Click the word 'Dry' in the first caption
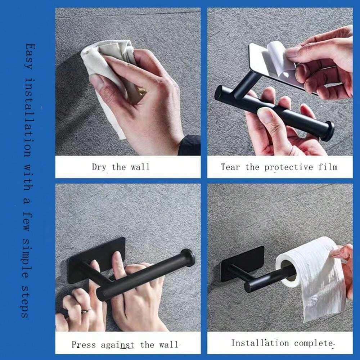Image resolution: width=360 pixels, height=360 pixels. pos(99,167)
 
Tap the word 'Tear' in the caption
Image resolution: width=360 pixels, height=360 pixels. pos(230,167)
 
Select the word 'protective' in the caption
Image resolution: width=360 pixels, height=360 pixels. pos(288,167)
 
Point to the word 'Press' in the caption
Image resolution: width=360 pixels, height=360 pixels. pos(84,345)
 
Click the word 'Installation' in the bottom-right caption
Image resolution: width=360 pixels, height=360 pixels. pos(260,343)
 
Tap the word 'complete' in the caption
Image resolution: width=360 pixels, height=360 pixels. pos(314,343)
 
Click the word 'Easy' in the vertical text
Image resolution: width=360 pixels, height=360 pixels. pos(30,56)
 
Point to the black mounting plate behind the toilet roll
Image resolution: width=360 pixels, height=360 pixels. pos(241,264)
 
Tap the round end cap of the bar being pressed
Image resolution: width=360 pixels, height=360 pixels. pos(188,258)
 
